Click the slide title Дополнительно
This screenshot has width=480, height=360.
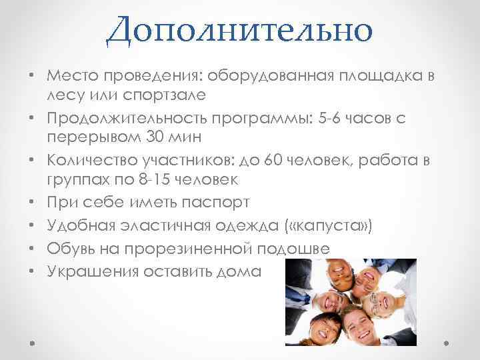click(x=239, y=30)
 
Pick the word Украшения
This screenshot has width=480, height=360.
click(x=91, y=271)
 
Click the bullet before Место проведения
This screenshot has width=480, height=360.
click(x=32, y=77)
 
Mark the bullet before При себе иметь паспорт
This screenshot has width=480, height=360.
click(x=32, y=201)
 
